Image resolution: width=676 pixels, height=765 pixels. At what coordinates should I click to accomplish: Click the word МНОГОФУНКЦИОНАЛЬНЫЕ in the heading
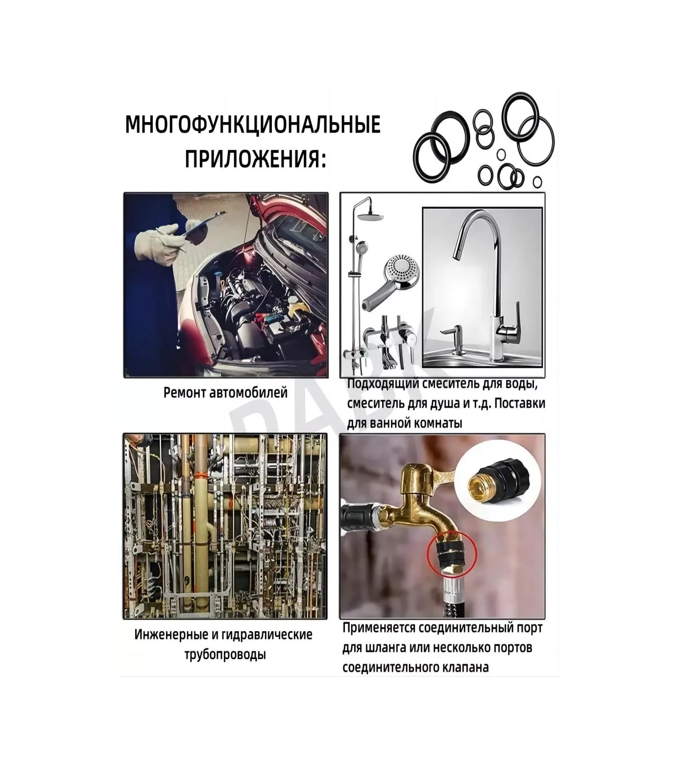click(253, 125)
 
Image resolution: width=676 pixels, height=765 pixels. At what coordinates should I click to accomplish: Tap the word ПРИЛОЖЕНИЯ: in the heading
click(255, 159)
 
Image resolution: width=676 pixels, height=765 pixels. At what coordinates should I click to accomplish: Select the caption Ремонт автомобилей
click(225, 393)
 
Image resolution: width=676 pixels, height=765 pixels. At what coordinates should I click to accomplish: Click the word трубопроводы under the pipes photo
click(225, 654)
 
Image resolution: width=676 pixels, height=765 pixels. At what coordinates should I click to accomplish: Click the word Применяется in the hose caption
click(380, 628)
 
